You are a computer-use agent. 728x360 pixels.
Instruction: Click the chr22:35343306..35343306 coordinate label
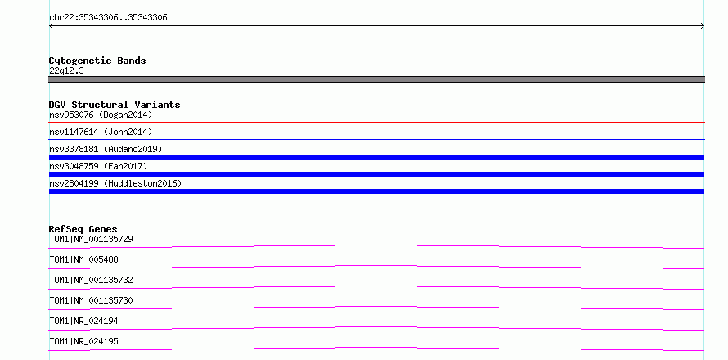(x=108, y=18)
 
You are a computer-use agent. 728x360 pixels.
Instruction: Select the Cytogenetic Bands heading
(x=97, y=61)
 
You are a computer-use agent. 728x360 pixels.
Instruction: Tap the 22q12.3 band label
(x=66, y=71)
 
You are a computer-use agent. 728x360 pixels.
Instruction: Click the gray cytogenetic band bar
(x=376, y=79)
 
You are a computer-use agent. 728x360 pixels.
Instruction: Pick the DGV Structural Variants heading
(x=115, y=105)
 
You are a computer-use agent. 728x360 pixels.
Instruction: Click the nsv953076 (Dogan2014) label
(x=101, y=115)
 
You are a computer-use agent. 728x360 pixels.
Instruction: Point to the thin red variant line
(x=376, y=122)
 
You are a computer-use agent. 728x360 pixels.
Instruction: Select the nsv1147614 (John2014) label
(x=101, y=133)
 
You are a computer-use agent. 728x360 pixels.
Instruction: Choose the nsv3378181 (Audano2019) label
(x=106, y=149)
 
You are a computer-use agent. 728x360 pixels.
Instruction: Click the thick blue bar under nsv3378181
(x=376, y=157)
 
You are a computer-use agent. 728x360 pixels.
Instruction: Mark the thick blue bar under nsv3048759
(x=376, y=174)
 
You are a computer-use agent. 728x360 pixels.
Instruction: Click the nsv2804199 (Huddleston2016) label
(x=115, y=183)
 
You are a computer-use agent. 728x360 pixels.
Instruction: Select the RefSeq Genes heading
(x=83, y=229)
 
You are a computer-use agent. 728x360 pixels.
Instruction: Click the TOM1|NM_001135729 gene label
(x=91, y=240)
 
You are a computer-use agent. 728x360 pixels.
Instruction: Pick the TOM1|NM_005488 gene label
(x=83, y=259)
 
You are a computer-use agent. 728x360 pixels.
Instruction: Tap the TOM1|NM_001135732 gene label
(x=91, y=280)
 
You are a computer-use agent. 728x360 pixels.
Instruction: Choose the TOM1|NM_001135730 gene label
(x=91, y=300)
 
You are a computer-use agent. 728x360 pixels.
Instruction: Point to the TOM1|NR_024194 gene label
(x=83, y=321)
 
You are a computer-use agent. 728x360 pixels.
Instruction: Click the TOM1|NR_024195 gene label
(x=83, y=341)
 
